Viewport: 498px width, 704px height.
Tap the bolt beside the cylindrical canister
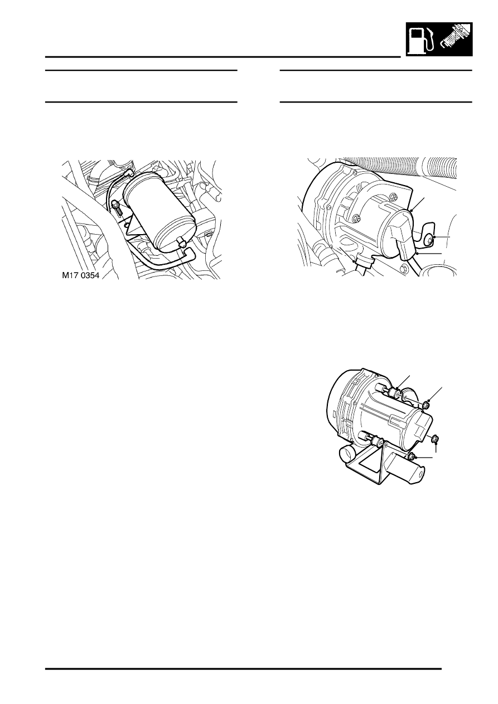tap(118, 207)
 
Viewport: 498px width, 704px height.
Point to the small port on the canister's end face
tap(180, 241)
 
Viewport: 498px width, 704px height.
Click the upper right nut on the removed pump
tap(427, 404)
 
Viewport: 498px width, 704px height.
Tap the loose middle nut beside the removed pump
tap(434, 438)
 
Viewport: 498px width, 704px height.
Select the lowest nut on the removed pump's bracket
tap(411, 457)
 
